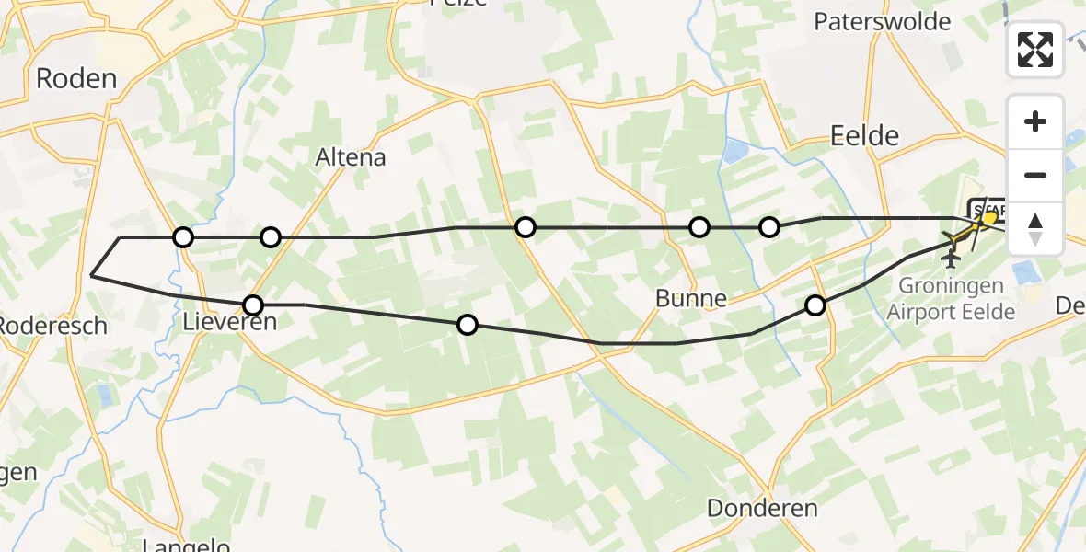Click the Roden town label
(76, 78)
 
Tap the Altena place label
(351, 157)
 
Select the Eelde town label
(864, 136)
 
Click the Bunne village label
(691, 298)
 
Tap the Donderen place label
(762, 508)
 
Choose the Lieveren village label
(229, 323)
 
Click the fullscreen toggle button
(1035, 50)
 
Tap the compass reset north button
(1035, 228)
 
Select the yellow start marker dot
(990, 218)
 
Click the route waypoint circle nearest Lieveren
(252, 305)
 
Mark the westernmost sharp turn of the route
(92, 274)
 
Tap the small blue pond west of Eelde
(736, 151)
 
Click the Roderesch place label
(53, 326)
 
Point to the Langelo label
(187, 546)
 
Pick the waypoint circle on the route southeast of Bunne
(815, 305)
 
